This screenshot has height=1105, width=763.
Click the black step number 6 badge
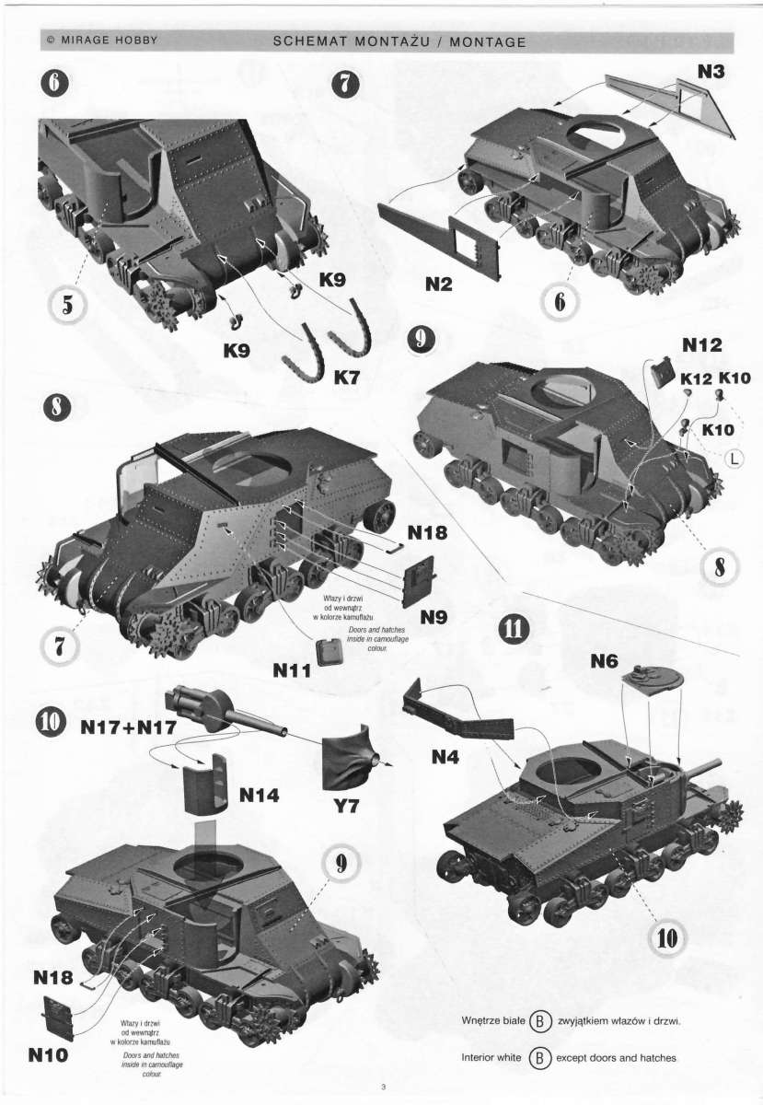pos(56,84)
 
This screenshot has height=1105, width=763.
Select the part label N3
pos(711,72)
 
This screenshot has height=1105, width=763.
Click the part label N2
pos(438,285)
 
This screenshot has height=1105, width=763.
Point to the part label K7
pos(347,378)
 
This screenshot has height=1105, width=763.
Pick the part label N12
pos(702,344)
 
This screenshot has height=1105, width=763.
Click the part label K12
pos(696,378)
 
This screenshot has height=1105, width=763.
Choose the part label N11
pos(292,670)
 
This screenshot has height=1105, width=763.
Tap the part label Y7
pos(346,806)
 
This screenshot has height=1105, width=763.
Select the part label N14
pos(259,795)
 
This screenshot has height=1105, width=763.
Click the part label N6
pos(604,661)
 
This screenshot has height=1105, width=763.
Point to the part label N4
pos(445,756)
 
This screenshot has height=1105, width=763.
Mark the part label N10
pos(48,1055)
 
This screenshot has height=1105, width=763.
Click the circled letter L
pos(734,459)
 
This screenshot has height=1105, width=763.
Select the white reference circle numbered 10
pos(666,938)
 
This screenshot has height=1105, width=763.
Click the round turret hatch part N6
pos(652,679)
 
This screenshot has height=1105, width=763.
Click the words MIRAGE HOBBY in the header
pos(109,41)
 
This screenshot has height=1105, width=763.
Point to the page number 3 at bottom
pos(383,1087)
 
